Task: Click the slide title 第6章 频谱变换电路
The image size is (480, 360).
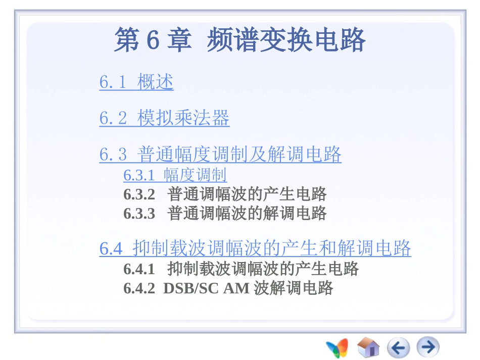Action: (239, 40)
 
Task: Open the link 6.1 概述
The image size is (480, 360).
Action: (136, 82)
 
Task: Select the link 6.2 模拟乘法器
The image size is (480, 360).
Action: (164, 118)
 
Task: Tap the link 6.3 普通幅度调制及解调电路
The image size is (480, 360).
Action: (220, 154)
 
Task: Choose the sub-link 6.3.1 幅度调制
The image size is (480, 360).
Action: (175, 175)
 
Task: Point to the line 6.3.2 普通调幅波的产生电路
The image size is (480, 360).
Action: (225, 194)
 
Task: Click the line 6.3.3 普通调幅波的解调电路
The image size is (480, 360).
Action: (225, 213)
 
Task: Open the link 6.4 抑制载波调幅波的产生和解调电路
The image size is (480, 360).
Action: (255, 248)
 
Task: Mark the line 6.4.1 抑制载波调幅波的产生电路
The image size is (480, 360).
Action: (241, 269)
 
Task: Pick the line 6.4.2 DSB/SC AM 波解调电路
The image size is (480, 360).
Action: (228, 288)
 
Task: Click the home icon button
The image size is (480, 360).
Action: (368, 347)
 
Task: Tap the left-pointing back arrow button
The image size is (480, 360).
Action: (398, 347)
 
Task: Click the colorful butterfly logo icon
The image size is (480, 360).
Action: (337, 347)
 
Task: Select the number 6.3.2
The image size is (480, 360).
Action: (139, 194)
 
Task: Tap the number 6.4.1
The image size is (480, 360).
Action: (139, 269)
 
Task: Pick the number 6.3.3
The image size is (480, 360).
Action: (139, 213)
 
